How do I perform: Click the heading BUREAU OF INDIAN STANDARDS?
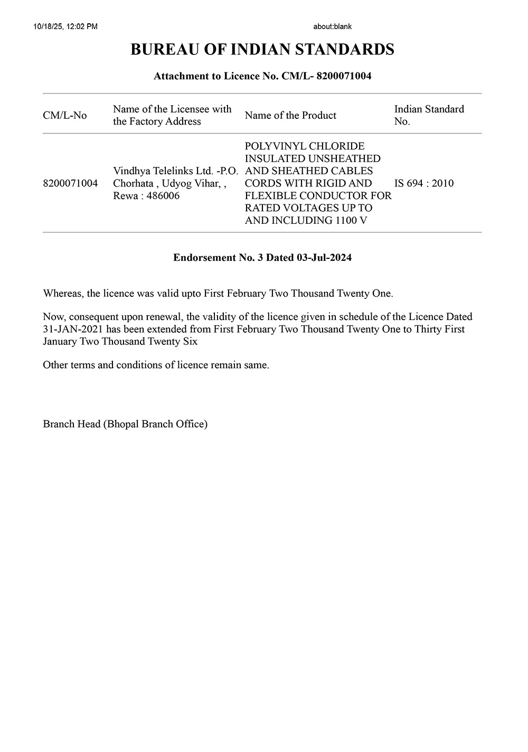point(262,50)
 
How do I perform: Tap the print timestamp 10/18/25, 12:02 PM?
point(65,26)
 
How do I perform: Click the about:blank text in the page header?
point(332,26)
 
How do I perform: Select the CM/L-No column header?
point(65,115)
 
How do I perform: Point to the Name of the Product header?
point(290,115)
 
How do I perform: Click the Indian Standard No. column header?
point(429,115)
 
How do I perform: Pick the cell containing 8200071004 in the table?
point(70,183)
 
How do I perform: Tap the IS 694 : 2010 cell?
point(423,183)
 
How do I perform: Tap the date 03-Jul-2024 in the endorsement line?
point(324,258)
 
